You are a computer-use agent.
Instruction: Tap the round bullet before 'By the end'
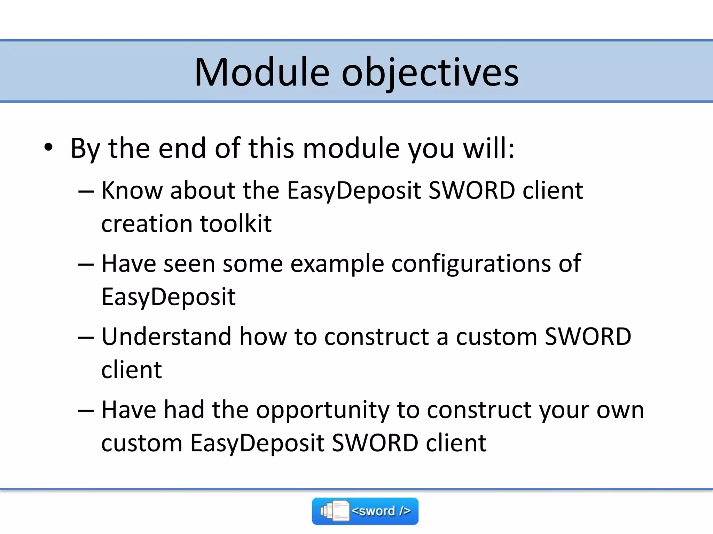[x=48, y=148]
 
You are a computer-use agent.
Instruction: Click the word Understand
[x=166, y=337]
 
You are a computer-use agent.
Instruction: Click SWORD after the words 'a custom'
[x=588, y=337]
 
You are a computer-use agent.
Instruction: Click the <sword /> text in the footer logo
[x=381, y=511]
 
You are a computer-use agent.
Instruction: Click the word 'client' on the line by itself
[x=132, y=370]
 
